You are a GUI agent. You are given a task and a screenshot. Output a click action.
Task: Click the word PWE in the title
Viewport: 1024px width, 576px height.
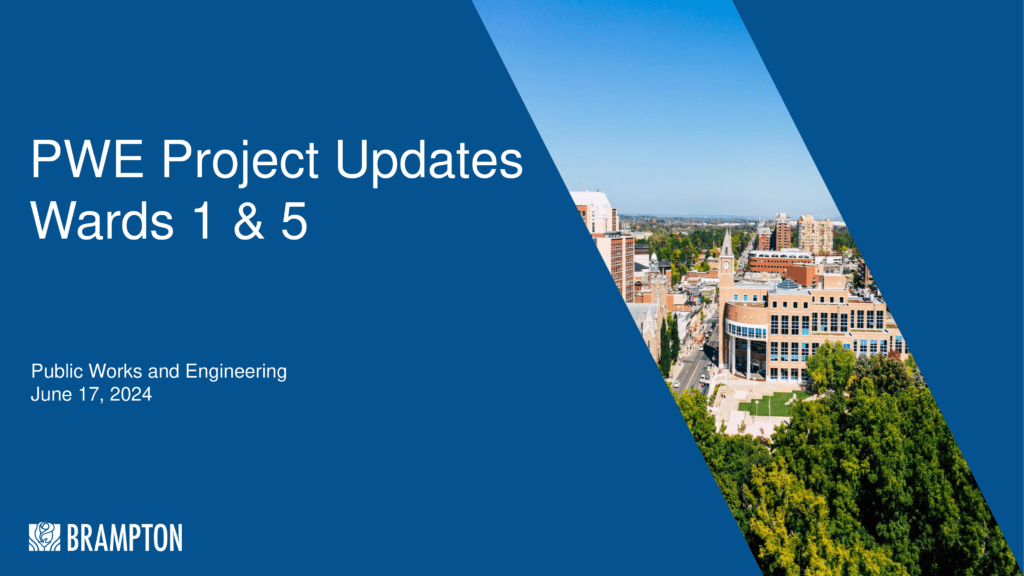(x=88, y=159)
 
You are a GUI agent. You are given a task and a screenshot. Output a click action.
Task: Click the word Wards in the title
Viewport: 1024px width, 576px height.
(x=102, y=221)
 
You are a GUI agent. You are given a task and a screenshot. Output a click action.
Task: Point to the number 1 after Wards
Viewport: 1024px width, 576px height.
(x=203, y=221)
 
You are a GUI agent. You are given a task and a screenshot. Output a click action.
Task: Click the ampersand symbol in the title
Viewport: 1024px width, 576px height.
(x=248, y=221)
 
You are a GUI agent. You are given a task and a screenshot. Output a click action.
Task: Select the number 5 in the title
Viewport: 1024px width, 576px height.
(x=295, y=221)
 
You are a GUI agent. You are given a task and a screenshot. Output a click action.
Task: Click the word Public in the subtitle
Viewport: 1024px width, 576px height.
(x=57, y=372)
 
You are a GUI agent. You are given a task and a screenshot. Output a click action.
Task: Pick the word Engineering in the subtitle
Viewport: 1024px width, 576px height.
(x=236, y=373)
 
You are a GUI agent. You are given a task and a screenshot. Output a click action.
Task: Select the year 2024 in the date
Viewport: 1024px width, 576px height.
(x=131, y=394)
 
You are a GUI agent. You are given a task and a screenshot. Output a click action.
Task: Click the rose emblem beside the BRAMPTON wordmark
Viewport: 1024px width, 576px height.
(x=44, y=537)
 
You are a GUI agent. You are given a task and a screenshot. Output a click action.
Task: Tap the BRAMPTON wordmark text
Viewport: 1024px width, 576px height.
(x=124, y=538)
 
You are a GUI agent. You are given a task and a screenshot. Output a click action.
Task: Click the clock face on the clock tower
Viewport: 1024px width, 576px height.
(x=726, y=266)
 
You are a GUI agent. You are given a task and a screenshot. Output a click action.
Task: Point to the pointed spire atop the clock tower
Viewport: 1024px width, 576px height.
(x=726, y=242)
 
